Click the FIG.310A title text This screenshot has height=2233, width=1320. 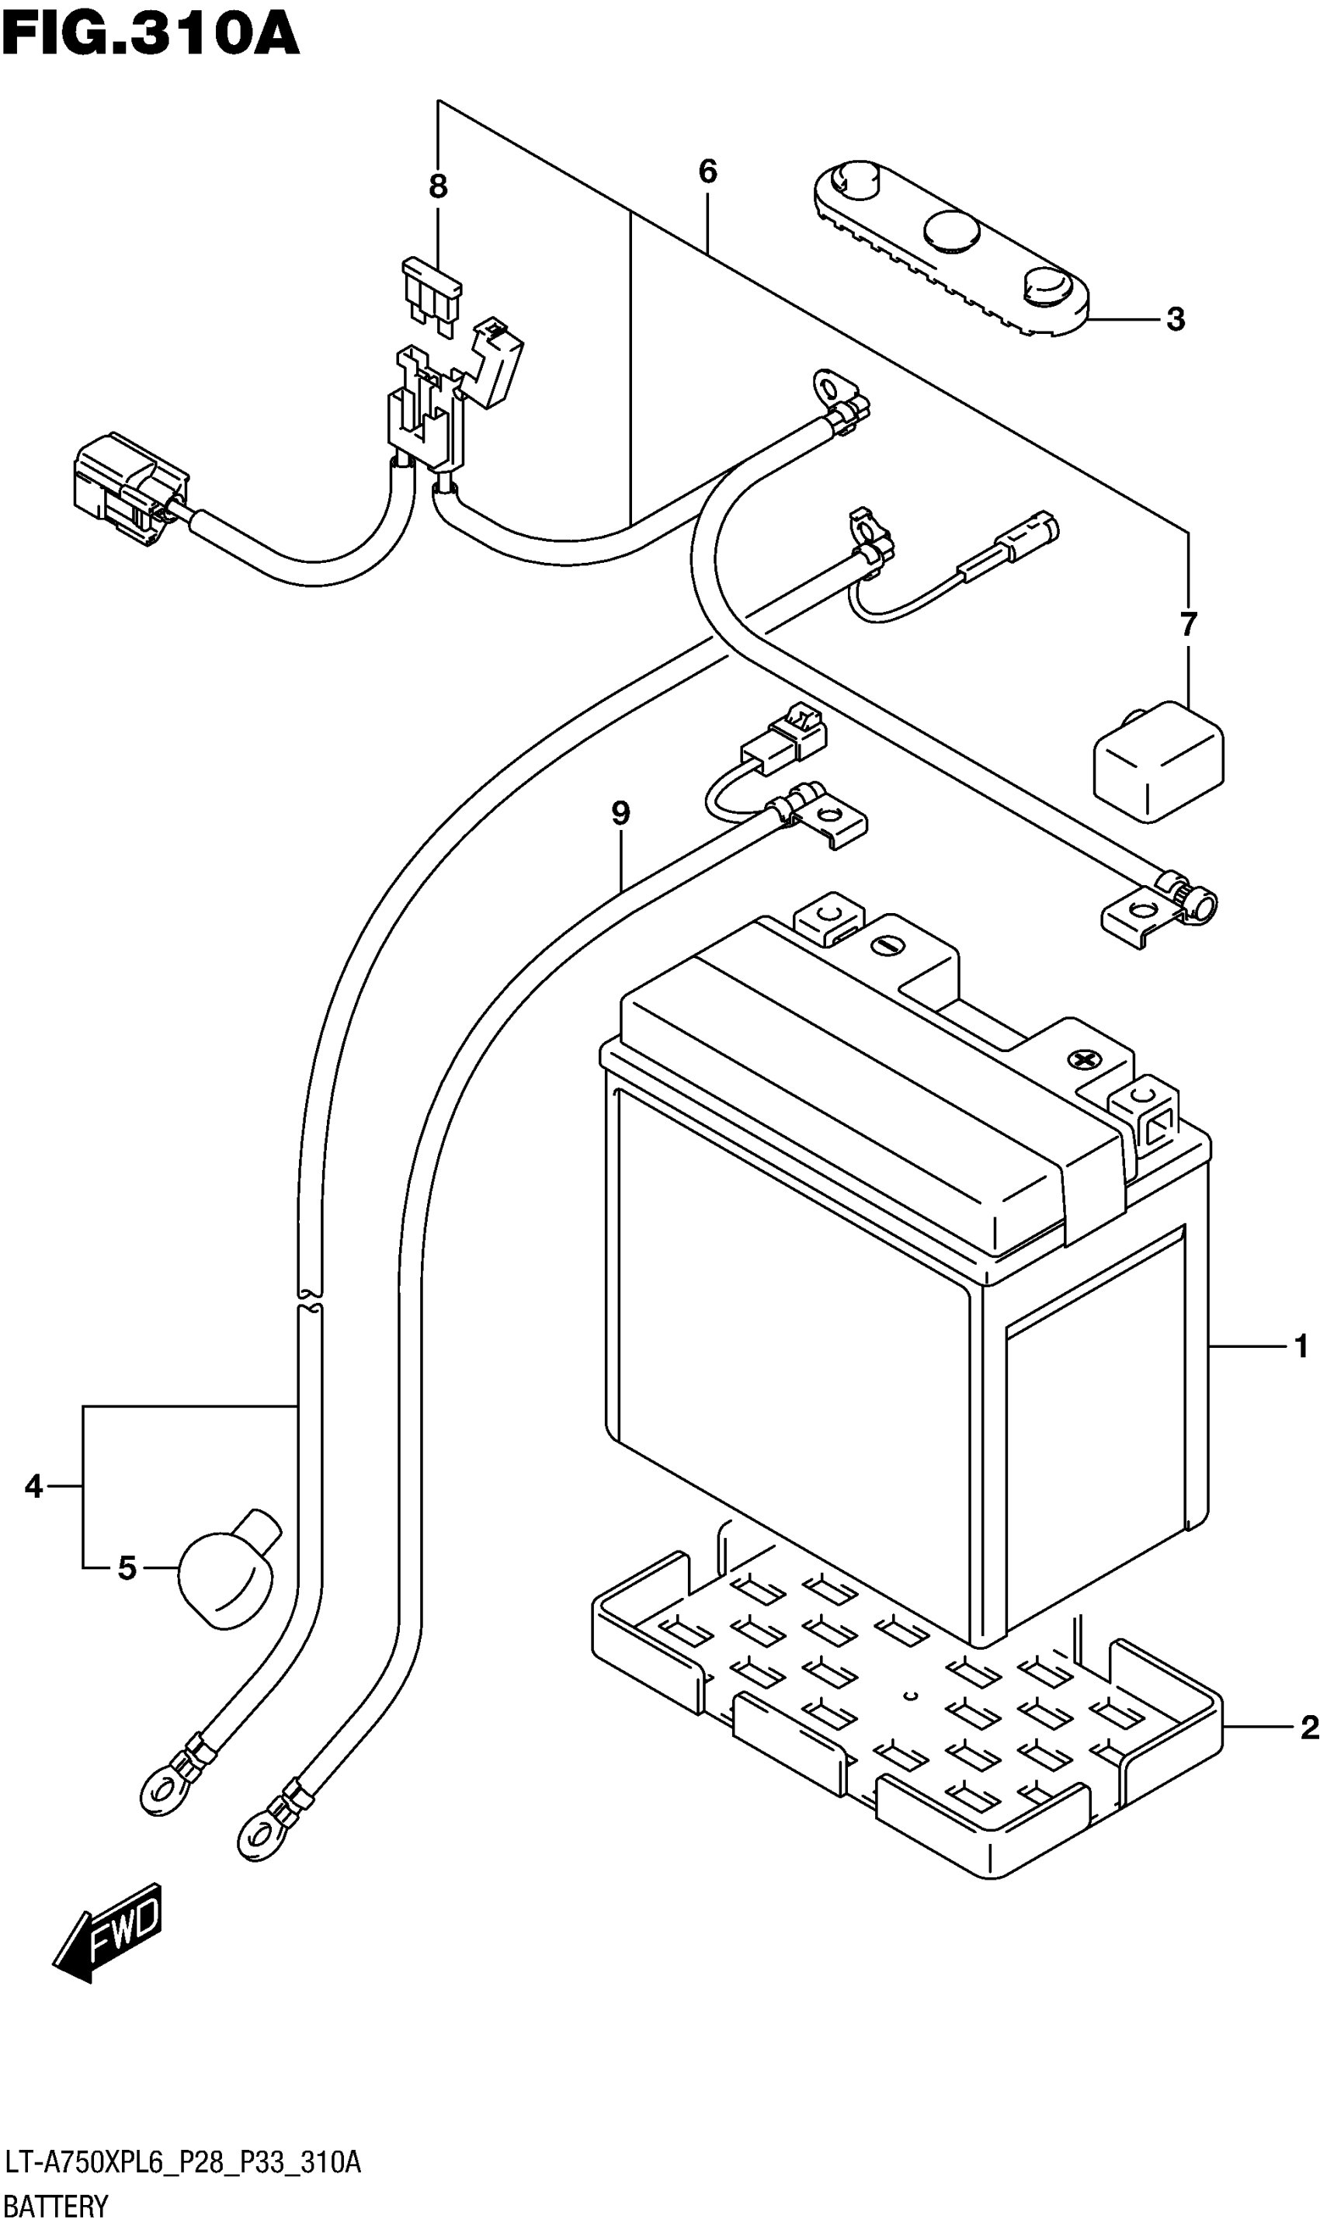(x=151, y=35)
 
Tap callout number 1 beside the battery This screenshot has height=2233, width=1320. (x=1301, y=1347)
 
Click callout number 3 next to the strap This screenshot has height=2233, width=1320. (x=1175, y=318)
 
